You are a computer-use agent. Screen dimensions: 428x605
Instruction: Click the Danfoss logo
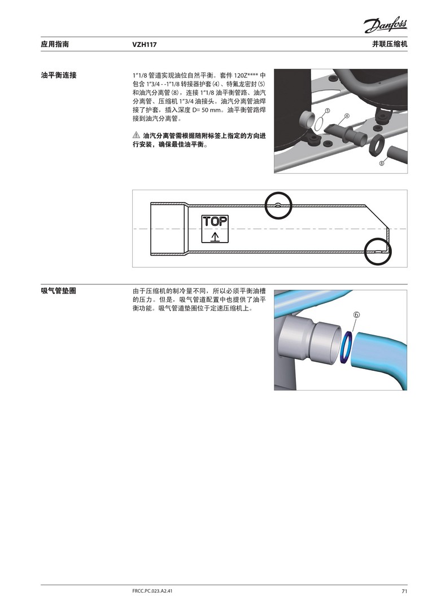pos(385,26)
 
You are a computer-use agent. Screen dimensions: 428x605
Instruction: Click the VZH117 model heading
pos(145,45)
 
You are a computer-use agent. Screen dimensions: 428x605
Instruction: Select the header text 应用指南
pos(55,44)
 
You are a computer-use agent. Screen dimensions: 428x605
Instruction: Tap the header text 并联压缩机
pos(390,44)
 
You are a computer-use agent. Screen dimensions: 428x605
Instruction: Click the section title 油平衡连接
pos(59,75)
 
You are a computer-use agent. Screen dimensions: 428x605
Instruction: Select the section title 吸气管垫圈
pos(58,291)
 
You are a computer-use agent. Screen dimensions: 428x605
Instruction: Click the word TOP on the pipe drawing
pos(215,221)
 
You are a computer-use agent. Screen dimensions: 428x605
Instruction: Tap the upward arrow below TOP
pos(215,236)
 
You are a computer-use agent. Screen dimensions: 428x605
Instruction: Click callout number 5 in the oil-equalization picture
pos(327,111)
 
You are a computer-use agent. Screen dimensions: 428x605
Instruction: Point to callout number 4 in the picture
pos(347,116)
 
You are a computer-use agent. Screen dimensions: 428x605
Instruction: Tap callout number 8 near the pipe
pos(382,163)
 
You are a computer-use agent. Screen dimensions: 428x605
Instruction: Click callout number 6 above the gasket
pos(356,314)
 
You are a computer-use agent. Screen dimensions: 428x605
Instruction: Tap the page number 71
pos(404,591)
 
